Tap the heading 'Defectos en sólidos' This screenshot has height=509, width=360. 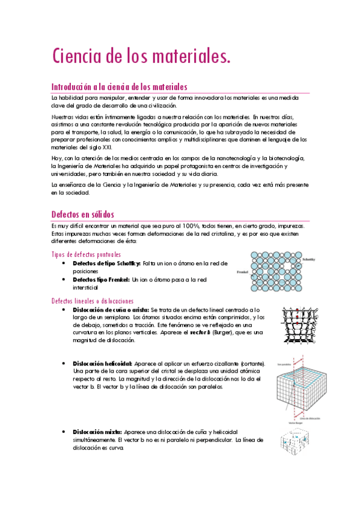(x=83, y=214)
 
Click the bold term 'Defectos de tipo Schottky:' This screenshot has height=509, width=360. (x=106, y=264)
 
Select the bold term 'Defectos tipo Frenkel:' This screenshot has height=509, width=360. (x=100, y=279)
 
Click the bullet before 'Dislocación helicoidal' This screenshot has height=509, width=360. (x=64, y=364)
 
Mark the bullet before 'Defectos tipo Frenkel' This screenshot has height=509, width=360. (x=64, y=279)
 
